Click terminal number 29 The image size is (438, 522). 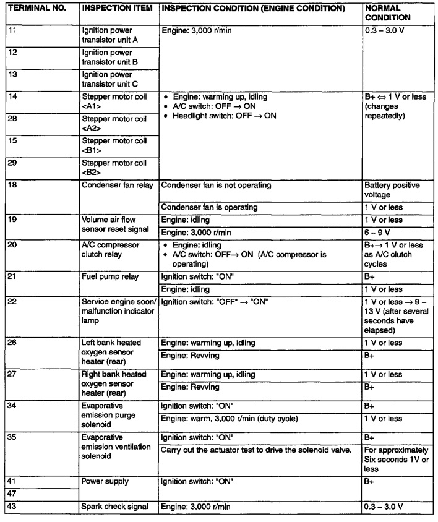14,163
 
